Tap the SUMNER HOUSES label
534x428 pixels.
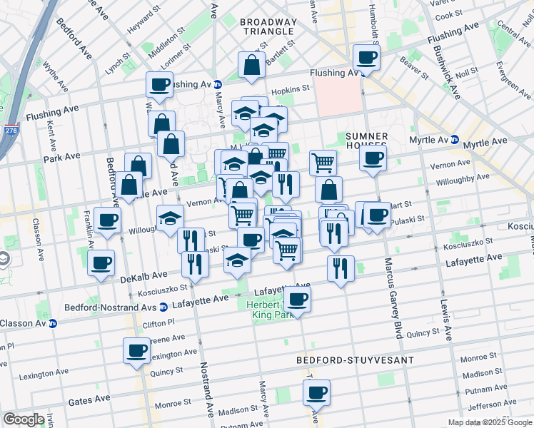pos(366,141)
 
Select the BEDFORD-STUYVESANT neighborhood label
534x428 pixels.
pos(355,360)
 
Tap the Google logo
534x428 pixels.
pos(24,419)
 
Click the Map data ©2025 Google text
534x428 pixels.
pos(489,422)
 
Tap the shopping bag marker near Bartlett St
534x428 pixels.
pos(252,66)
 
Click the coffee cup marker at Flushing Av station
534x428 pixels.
pos(366,57)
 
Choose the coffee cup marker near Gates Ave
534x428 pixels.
pos(316,392)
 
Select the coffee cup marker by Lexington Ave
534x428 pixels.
pos(136,351)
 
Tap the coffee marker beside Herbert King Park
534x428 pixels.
pos(298,299)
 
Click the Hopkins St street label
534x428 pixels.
pos(294,89)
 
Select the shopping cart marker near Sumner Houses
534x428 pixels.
pos(323,162)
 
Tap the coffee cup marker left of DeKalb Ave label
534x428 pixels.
pos(101,263)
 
